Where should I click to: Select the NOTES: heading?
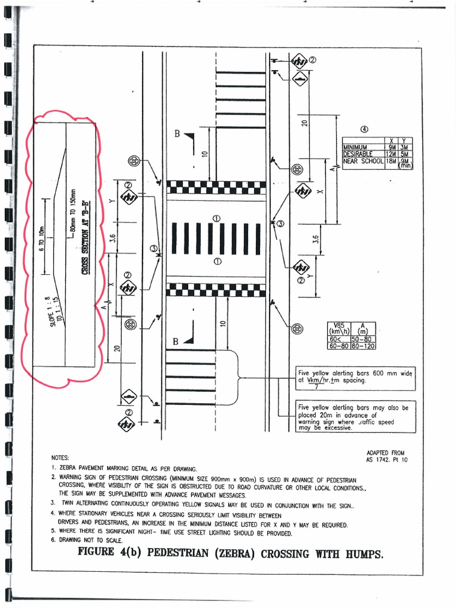[60, 458]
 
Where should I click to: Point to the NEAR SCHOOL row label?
[363, 160]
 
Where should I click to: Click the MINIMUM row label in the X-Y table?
[355, 147]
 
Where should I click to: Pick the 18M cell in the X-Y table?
[391, 160]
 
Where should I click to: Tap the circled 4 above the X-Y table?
[365, 129]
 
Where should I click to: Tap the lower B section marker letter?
[176, 342]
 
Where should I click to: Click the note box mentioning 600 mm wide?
[355, 376]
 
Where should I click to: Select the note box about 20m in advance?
[355, 417]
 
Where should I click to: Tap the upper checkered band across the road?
[216, 188]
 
